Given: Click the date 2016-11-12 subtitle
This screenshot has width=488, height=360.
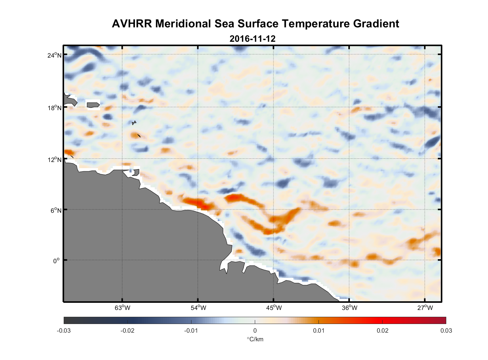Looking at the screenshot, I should (252, 39).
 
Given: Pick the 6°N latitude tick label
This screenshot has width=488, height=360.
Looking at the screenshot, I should (56, 210).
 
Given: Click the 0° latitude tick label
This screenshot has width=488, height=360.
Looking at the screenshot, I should (56, 261).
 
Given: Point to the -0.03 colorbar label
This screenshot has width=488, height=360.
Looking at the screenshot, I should (64, 330).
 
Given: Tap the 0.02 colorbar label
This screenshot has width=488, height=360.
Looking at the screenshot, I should (382, 330).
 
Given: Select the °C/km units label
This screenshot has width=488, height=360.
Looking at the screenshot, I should (255, 339).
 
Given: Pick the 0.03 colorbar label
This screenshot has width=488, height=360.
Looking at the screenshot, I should (446, 330).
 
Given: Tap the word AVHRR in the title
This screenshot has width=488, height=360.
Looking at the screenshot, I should (132, 24).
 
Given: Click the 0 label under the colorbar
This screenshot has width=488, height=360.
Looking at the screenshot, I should (255, 330).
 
